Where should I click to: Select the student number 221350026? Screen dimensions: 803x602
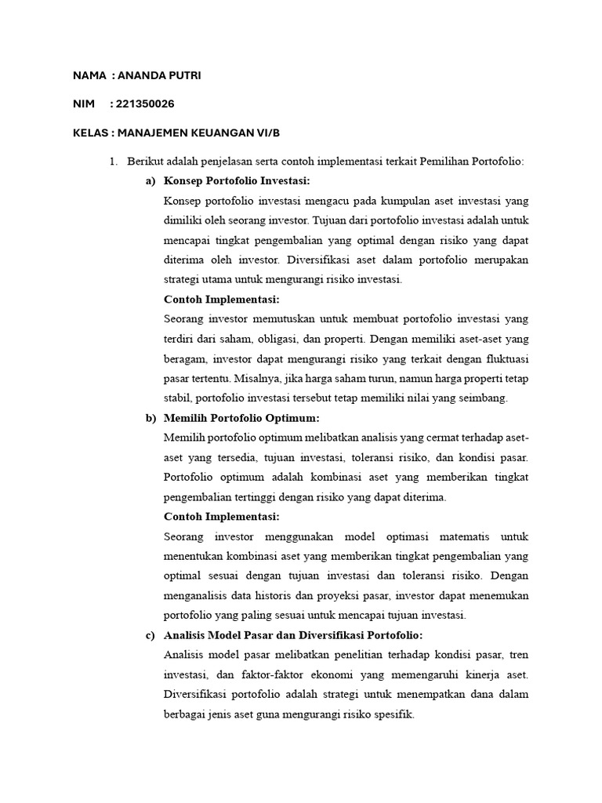click(x=146, y=104)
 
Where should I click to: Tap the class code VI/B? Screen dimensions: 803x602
click(x=280, y=133)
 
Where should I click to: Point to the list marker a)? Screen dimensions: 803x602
click(x=150, y=181)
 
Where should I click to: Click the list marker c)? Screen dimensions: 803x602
click(x=150, y=634)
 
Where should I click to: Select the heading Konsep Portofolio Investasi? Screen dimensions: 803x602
click(x=237, y=181)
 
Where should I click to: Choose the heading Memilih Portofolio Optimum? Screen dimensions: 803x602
click(x=241, y=418)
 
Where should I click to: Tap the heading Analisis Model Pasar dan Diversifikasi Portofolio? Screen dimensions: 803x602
click(x=293, y=634)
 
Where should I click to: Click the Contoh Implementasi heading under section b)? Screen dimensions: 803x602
click(x=222, y=517)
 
